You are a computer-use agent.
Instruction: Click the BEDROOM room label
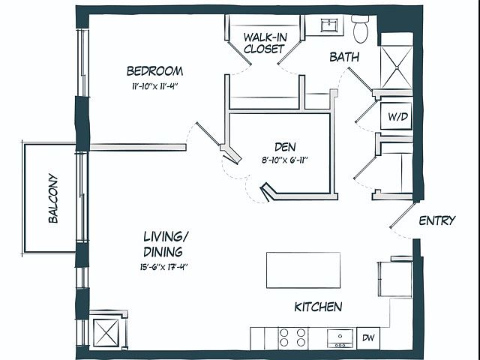point(155,71)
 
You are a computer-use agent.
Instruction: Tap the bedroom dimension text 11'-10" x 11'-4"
point(155,87)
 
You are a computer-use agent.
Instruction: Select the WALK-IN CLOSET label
point(265,43)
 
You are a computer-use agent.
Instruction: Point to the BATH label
point(344,57)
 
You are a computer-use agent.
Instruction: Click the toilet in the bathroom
point(361,29)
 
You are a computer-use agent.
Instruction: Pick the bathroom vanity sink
point(329,25)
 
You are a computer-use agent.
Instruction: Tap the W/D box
point(397,116)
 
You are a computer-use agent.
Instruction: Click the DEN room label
point(285,147)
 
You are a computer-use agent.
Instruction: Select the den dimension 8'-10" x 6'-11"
point(285,160)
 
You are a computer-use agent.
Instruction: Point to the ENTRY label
point(437,220)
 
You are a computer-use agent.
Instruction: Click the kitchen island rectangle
point(303,270)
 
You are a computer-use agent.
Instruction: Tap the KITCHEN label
point(318,307)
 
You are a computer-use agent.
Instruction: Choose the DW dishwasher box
point(368,338)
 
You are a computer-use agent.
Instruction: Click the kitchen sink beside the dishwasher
point(340,338)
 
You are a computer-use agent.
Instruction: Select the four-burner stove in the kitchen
point(292,337)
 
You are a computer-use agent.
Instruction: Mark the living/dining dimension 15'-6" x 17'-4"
point(163,267)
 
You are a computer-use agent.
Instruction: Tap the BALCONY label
point(53,198)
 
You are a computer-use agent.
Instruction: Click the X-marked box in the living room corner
point(106,333)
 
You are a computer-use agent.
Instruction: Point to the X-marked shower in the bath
point(397,67)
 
